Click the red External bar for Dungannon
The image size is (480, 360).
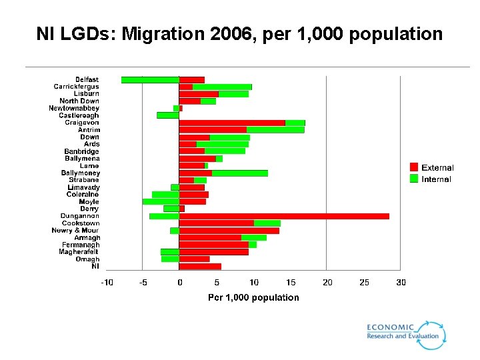[283, 216]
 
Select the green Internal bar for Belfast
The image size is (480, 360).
[150, 80]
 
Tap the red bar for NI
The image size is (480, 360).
[200, 267]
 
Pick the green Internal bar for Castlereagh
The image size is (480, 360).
[168, 115]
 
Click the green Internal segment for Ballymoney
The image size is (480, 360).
[240, 173]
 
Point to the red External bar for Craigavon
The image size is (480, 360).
[232, 123]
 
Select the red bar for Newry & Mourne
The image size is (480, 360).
[229, 231]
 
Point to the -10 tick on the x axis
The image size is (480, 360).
[107, 283]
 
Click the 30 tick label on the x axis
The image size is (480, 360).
[401, 283]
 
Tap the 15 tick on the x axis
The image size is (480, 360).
[290, 283]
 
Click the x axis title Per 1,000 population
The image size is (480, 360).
[253, 297]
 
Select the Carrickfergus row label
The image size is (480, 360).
[76, 87]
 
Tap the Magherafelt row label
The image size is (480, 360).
[79, 252]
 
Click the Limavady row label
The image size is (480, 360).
[83, 187]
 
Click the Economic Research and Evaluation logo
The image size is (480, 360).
[405, 333]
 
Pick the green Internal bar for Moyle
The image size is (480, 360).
[161, 201]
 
